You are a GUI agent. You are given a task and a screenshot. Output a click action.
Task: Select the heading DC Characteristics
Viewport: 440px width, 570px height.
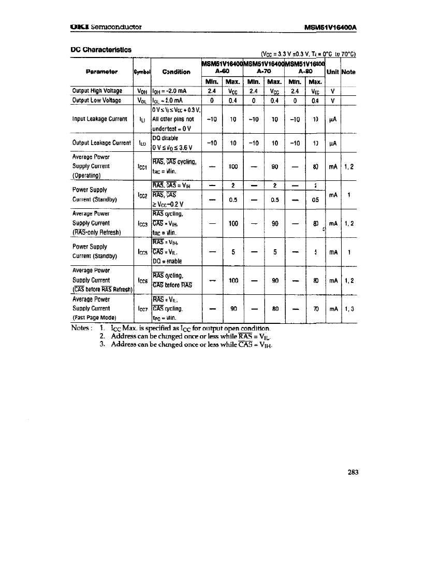tap(101, 50)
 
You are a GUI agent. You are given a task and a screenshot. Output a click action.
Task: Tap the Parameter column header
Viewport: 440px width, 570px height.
tap(102, 72)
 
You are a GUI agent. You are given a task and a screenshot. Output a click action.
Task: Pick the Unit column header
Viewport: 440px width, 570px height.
tap(332, 72)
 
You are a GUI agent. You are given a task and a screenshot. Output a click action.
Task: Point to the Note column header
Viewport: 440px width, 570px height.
tap(349, 72)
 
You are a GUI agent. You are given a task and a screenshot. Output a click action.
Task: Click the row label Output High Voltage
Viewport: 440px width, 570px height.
tap(97, 91)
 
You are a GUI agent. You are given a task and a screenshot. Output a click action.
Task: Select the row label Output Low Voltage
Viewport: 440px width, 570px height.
tap(97, 101)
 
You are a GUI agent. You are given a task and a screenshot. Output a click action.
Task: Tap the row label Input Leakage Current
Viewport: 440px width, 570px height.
tap(99, 119)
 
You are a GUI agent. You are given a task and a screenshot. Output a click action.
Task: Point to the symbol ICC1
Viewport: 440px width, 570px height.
tap(141, 167)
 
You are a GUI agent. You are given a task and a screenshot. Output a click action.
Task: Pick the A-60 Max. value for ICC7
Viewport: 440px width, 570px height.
tap(233, 308)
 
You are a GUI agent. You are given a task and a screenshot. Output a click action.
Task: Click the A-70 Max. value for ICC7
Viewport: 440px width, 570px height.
tap(275, 308)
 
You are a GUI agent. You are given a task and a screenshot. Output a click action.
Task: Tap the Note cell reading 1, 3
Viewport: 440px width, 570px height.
tap(349, 308)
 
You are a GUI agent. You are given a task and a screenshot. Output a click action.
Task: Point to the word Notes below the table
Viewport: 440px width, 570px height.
tap(81, 328)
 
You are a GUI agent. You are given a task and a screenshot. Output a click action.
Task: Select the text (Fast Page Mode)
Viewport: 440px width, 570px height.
tap(95, 318)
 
